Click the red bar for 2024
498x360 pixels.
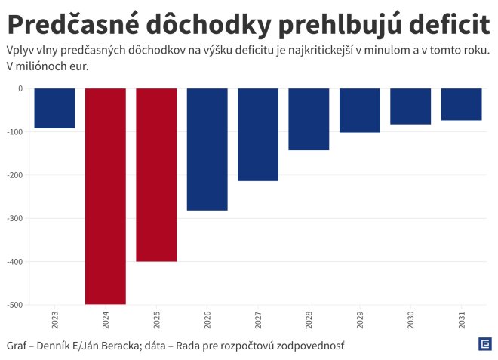106,196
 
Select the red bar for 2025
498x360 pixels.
156,175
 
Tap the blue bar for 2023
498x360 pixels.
54,109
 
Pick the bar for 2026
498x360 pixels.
207,149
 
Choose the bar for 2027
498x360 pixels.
258,134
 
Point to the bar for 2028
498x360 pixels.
309,119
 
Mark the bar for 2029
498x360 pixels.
359,110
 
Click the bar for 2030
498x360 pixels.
410,106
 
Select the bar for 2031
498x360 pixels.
461,104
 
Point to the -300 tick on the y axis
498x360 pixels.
15,219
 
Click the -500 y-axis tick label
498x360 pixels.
15,306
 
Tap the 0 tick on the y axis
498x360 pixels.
20,88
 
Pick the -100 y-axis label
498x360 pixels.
15,132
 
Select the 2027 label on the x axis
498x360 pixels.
258,319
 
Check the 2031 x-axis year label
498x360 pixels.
461,319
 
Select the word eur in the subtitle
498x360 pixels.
78,66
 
